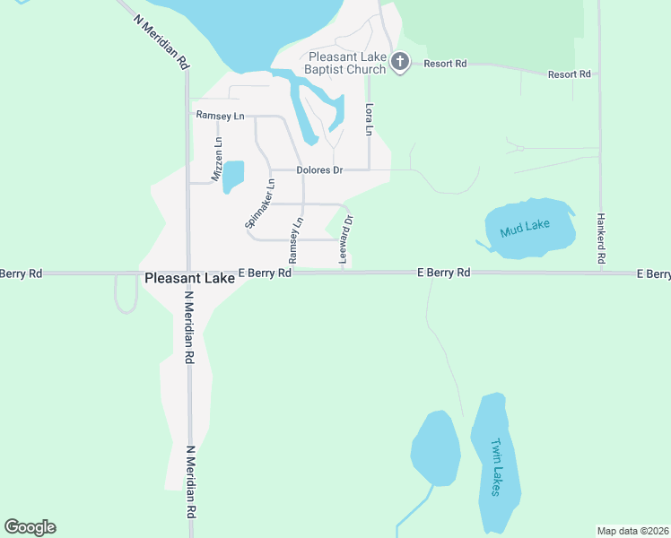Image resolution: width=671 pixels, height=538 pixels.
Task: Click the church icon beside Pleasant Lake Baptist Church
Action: [x=400, y=63]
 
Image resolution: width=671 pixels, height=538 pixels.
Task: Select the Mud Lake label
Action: [x=525, y=228]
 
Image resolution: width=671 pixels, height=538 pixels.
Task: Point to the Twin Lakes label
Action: [x=496, y=466]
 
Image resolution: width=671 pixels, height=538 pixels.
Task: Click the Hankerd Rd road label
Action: [x=601, y=239]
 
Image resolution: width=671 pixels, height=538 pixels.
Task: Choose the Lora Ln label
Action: [x=368, y=118]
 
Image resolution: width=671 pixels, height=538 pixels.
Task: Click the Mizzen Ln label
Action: [x=216, y=161]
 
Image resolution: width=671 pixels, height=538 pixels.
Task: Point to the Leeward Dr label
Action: [x=345, y=239]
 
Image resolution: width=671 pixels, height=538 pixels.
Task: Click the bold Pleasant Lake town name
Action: [x=189, y=279]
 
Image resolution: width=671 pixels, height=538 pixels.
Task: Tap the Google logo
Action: [x=30, y=527]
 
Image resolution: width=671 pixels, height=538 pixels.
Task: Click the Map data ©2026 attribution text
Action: [x=632, y=530]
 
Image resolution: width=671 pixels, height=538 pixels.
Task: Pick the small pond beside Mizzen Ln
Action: [x=232, y=176]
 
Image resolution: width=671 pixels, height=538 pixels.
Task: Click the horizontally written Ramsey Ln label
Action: [x=220, y=116]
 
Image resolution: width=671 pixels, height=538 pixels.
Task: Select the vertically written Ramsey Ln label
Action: [x=295, y=239]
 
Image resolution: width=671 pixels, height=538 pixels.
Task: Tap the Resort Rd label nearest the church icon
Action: [x=446, y=64]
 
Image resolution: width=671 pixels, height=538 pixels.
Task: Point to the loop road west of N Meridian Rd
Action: [x=126, y=295]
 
